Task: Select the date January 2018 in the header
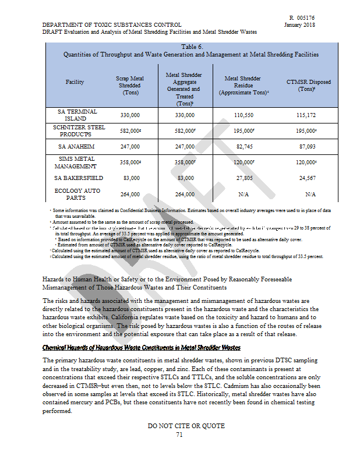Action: tap(300, 25)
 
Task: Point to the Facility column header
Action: tap(75, 82)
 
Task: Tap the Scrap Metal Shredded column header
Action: tap(130, 85)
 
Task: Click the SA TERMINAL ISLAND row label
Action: tap(77, 115)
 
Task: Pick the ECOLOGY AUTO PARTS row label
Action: tap(77, 194)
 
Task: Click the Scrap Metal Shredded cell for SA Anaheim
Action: tap(130, 147)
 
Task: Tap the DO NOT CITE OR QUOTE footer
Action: tap(186, 426)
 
